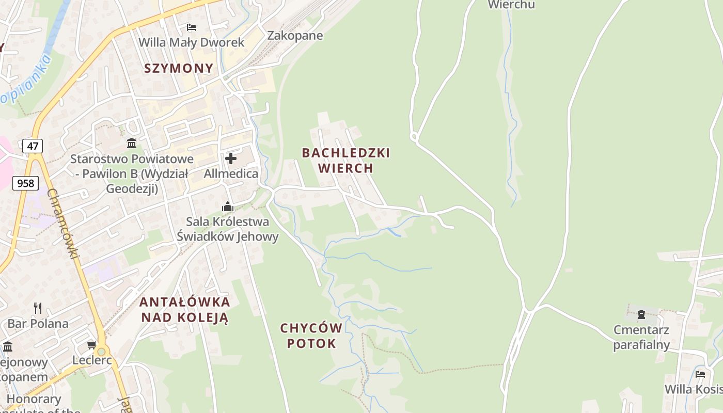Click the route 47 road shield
(x=33, y=146)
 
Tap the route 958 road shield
(x=25, y=183)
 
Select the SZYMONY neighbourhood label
(x=179, y=68)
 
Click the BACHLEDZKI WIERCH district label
(x=345, y=160)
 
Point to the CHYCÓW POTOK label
(x=311, y=336)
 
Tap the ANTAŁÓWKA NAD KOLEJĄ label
(x=184, y=310)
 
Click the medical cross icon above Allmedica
(x=231, y=158)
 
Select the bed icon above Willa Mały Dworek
(x=192, y=27)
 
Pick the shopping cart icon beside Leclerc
(x=91, y=345)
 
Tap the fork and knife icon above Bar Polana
(x=38, y=308)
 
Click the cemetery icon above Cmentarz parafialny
(x=641, y=314)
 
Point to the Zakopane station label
(x=295, y=36)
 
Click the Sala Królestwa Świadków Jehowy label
(x=228, y=229)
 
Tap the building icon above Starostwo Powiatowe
(x=132, y=143)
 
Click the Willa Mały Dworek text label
(x=192, y=42)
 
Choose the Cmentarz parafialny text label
(x=641, y=337)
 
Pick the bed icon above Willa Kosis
(x=700, y=374)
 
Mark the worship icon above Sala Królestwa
(x=228, y=207)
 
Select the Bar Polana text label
(x=38, y=324)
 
